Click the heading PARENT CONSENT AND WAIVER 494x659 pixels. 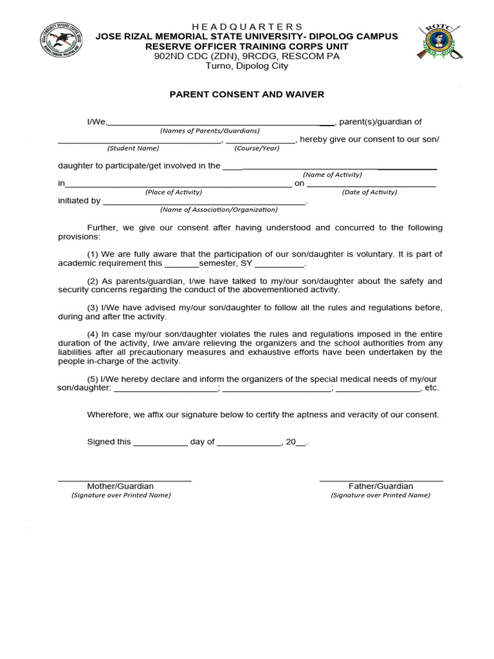pyautogui.click(x=247, y=95)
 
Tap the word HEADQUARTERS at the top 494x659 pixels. pyautogui.click(x=247, y=26)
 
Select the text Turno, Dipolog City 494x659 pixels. pyautogui.click(x=247, y=66)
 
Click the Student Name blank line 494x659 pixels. pyautogui.click(x=140, y=141)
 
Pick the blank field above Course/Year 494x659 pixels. pyautogui.click(x=260, y=141)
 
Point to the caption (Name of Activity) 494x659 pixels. pyautogui.click(x=333, y=174)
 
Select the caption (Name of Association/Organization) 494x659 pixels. pyautogui.click(x=219, y=209)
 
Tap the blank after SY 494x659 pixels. pyautogui.click(x=280, y=265)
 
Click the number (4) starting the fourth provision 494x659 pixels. pyautogui.click(x=93, y=333)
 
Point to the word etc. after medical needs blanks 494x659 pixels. pyautogui.click(x=432, y=388)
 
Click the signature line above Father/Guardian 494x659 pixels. pyautogui.click(x=381, y=480)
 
